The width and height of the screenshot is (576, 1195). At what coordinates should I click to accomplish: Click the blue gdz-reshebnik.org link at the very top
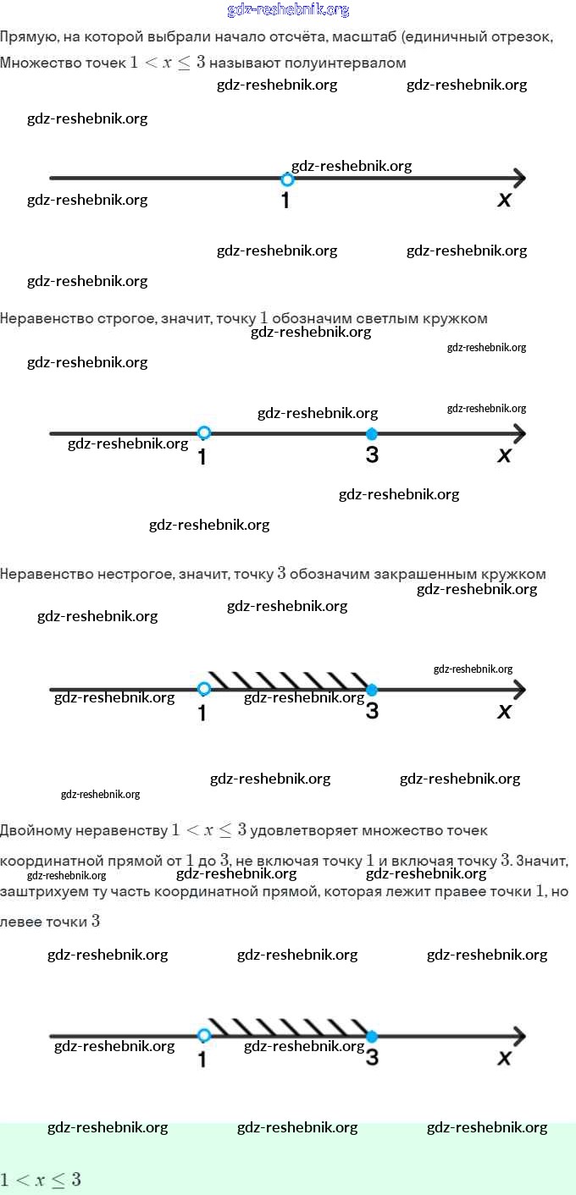288,10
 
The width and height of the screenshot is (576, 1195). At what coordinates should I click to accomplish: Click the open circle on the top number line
287,179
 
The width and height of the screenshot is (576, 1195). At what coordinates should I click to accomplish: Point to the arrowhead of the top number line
518,179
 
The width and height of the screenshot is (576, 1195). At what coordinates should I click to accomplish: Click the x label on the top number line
505,200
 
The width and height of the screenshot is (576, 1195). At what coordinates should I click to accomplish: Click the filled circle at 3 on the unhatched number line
371,434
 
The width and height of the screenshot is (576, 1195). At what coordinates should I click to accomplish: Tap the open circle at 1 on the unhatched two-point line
203,433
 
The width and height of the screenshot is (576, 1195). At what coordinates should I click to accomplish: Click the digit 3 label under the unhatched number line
372,455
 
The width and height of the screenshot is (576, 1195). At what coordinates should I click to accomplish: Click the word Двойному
42,830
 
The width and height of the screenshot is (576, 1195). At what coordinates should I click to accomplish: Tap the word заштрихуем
43,891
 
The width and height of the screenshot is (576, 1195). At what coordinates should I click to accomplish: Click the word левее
21,922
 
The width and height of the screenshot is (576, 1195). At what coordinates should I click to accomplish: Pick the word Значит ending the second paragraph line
541,861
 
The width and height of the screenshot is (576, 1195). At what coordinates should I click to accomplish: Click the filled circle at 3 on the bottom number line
371,1037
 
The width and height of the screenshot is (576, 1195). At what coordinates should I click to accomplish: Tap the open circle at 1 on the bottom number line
203,1036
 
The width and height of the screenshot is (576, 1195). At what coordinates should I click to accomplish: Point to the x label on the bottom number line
505,1057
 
